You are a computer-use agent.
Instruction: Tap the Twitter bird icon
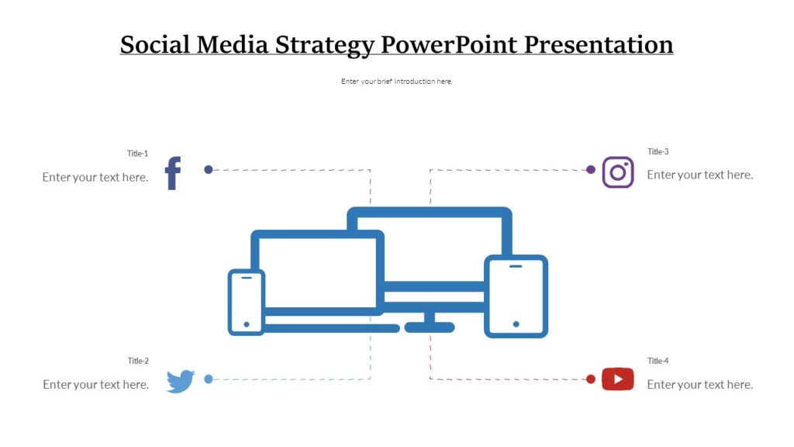[x=180, y=381]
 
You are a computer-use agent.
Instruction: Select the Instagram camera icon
[x=618, y=172]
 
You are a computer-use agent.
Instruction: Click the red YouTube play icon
[x=618, y=379]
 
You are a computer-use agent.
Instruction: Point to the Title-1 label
[x=137, y=154]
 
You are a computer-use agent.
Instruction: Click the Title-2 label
[x=138, y=361]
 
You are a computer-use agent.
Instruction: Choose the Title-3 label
[x=658, y=151]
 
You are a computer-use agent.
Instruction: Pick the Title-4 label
[x=658, y=361]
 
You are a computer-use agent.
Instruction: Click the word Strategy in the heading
[x=326, y=44]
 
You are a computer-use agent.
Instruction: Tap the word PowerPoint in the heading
[x=449, y=44]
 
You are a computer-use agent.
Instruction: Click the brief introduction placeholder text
[x=396, y=81]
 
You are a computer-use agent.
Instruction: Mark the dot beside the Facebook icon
[x=208, y=169]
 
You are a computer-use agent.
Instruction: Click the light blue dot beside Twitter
[x=208, y=379]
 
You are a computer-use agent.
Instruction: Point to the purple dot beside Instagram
[x=591, y=169]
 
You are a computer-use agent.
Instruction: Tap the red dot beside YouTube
[x=591, y=379]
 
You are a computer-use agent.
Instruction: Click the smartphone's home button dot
[x=247, y=324]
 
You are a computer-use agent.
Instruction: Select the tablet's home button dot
[x=516, y=324]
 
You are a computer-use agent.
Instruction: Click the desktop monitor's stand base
[x=429, y=327]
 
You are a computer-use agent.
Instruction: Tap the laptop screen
[x=318, y=272]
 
